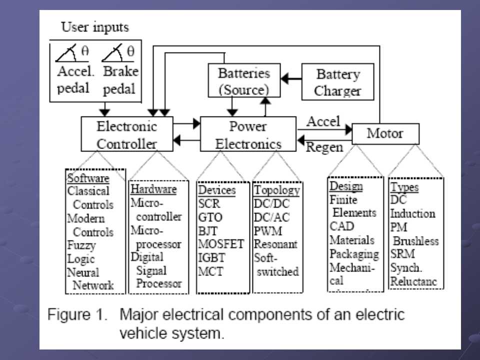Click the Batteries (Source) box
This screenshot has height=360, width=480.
[x=243, y=80]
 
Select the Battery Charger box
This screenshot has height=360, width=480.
[x=338, y=82]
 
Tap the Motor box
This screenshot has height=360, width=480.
[x=385, y=133]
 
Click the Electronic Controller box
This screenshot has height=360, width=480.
[x=126, y=134]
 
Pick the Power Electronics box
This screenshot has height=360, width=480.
[x=248, y=134]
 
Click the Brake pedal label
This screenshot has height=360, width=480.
[x=120, y=79]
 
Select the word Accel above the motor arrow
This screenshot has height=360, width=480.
[x=323, y=121]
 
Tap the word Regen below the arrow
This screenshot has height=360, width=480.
[x=324, y=147]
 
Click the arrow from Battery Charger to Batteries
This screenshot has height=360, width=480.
[x=291, y=78]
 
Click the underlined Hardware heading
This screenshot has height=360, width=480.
[x=153, y=189]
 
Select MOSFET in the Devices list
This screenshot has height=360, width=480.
[x=221, y=245]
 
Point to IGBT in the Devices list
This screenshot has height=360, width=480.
[x=212, y=258]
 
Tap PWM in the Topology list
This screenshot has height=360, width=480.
[x=268, y=231]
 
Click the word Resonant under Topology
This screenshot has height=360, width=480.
[x=275, y=245]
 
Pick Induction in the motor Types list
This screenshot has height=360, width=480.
[x=412, y=213]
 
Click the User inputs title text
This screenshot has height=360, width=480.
[x=94, y=27]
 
